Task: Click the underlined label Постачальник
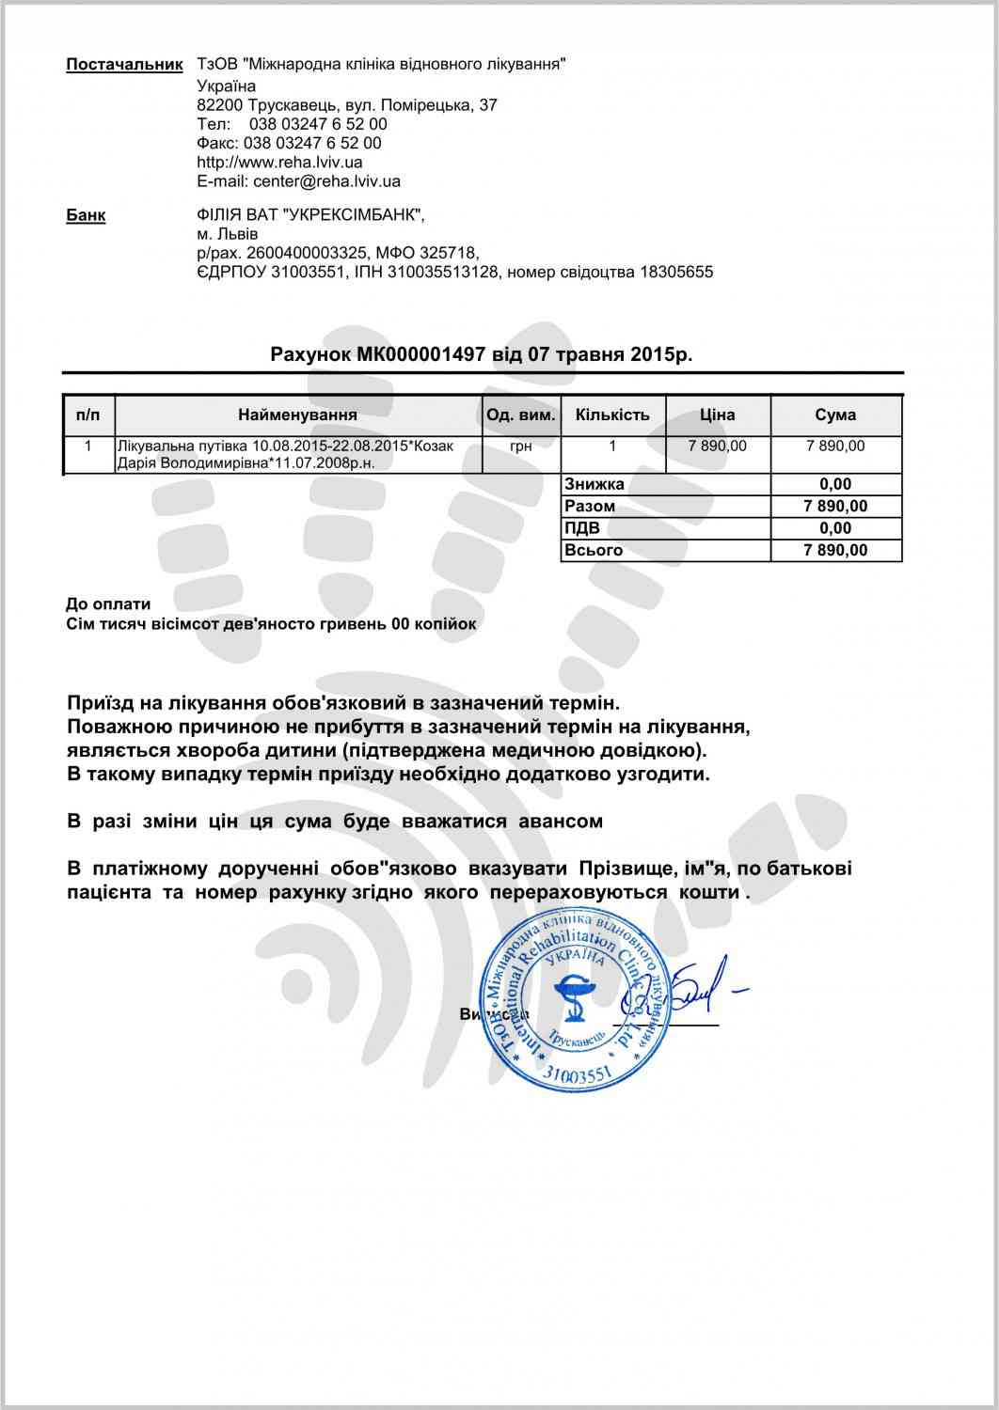(x=124, y=65)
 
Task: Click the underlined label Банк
(x=86, y=215)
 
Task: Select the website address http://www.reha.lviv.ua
(x=279, y=163)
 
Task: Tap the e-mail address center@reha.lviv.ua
(x=326, y=181)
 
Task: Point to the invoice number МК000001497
(x=420, y=354)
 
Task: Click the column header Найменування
(x=297, y=415)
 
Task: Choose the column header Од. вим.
(x=520, y=415)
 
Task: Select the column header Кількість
(x=612, y=415)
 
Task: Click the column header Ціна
(x=718, y=415)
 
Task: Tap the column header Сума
(x=835, y=415)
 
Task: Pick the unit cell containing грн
(x=520, y=446)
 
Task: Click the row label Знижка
(x=595, y=485)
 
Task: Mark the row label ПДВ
(x=581, y=528)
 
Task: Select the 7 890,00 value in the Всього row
(x=835, y=551)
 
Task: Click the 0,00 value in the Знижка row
(x=835, y=485)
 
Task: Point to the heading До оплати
(x=108, y=604)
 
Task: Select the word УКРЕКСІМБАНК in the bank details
(x=351, y=215)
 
